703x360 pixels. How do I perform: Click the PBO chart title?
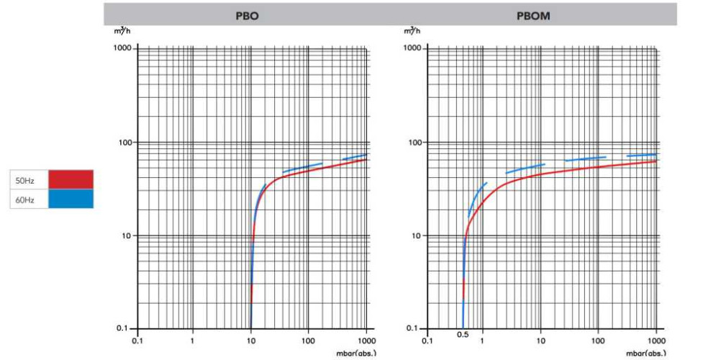tap(247, 15)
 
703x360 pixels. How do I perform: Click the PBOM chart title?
tap(533, 15)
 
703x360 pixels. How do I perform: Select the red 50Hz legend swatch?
tap(71, 179)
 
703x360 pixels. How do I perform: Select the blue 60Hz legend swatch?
tap(71, 199)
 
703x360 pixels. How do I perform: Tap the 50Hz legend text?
tap(27, 179)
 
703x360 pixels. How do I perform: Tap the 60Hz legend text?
tap(27, 199)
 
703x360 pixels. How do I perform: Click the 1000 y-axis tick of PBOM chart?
tap(412, 48)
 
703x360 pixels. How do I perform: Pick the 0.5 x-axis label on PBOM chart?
tap(463, 336)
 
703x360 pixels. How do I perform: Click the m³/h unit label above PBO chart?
tap(122, 30)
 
